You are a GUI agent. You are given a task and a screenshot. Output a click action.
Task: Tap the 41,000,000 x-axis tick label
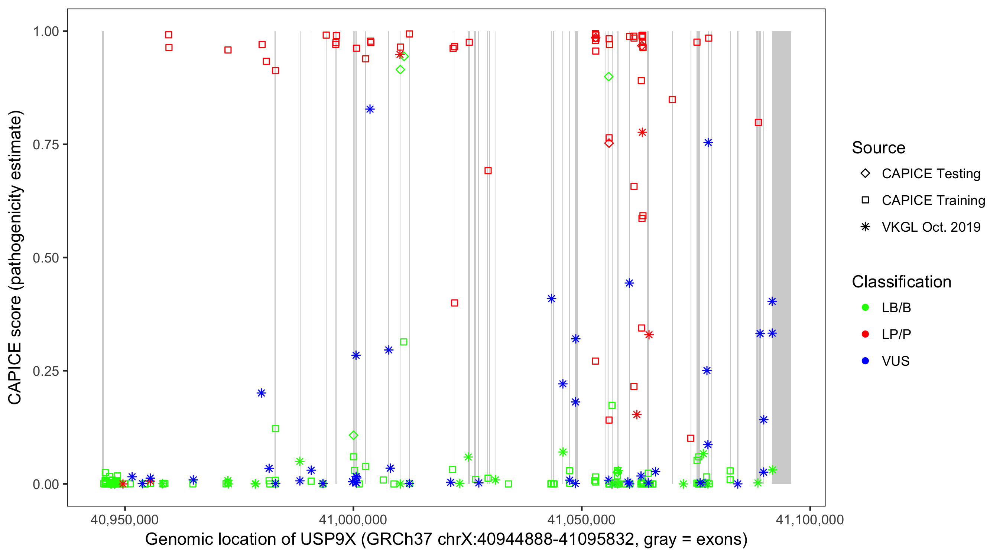point(353,519)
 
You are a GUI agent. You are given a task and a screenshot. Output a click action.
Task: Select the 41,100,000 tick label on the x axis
point(810,519)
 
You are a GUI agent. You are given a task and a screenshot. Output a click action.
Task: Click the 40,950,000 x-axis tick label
point(124,519)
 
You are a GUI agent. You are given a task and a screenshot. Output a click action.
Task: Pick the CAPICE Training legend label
point(933,201)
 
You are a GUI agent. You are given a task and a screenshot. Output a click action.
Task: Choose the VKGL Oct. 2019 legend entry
point(931,227)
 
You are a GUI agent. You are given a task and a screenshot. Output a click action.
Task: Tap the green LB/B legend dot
point(866,308)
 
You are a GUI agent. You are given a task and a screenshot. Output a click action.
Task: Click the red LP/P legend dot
point(866,334)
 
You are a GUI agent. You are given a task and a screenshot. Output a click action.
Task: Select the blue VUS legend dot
point(866,361)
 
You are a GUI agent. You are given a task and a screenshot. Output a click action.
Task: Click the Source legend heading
point(879,148)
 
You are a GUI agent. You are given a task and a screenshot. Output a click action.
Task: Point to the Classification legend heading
point(901,282)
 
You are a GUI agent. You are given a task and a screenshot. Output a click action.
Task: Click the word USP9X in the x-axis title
point(328,540)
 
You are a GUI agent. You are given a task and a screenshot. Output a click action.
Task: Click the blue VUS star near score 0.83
point(370,110)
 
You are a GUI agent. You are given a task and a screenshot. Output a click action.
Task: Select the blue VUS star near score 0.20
point(261,393)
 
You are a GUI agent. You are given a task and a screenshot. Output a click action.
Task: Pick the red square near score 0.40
point(454,303)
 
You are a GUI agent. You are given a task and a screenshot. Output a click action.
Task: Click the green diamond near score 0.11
point(354,435)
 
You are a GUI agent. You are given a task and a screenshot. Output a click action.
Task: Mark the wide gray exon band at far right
point(782,257)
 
